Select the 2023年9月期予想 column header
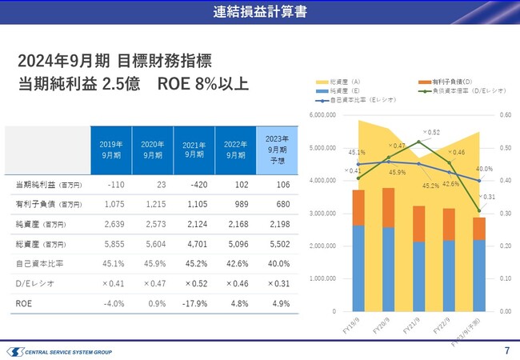[x=277, y=149]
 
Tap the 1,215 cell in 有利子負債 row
[x=151, y=203]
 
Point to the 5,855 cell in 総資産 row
[x=110, y=243]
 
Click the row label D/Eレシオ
[x=32, y=283]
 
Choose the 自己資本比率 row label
[x=37, y=263]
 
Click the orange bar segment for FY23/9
[x=478, y=229]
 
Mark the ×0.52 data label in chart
[x=430, y=132]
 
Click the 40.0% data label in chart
[x=484, y=169]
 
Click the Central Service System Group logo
[x=59, y=351]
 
